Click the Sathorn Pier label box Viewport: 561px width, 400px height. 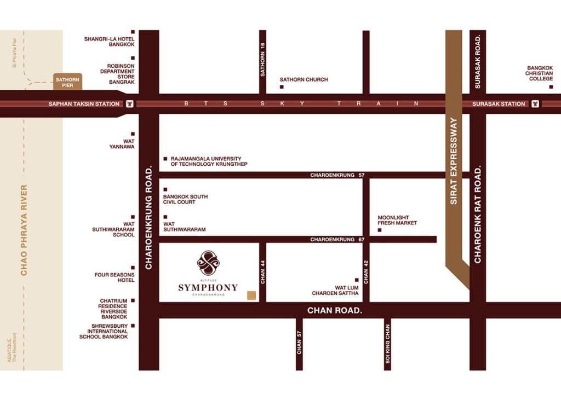67,82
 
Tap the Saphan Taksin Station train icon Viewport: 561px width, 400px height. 129,103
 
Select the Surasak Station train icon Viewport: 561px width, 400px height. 535,103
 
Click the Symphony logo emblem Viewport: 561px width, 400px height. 208,263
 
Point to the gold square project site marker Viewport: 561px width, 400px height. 251,295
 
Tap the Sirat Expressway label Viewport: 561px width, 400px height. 454,161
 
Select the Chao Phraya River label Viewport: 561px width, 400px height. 24,230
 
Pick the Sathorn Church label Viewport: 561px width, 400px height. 304,79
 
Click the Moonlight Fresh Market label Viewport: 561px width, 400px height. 397,220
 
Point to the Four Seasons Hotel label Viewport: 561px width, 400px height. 114,277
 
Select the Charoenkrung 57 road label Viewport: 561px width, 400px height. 337,175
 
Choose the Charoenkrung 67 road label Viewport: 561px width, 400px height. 337,240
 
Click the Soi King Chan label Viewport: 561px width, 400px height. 387,344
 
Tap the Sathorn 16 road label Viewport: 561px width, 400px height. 262,60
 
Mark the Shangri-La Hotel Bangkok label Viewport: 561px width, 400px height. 109,42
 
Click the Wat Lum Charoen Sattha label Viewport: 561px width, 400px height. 335,290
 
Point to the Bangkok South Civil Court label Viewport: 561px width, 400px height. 185,199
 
